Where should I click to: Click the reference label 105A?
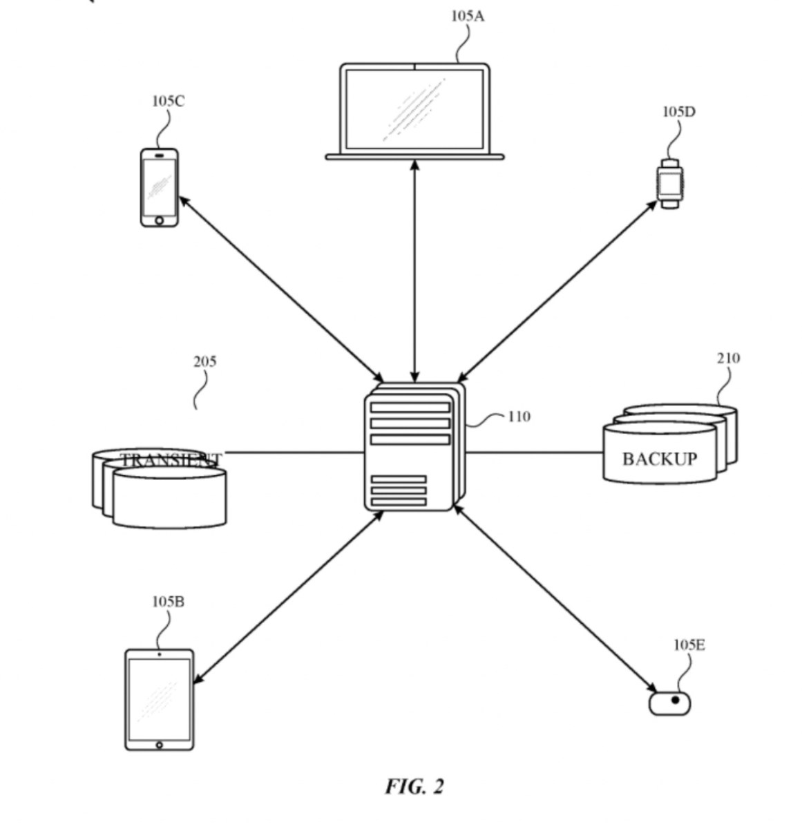point(467,16)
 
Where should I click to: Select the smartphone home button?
point(160,220)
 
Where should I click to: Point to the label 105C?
point(168,102)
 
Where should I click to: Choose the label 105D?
point(678,112)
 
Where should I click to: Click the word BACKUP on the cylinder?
point(659,459)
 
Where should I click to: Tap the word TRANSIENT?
point(171,459)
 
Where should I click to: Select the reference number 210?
point(727,358)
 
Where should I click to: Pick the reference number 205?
point(204,361)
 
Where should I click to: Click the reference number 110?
point(519,417)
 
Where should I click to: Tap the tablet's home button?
point(160,745)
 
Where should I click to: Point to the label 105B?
point(168,602)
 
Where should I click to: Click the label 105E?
point(689,645)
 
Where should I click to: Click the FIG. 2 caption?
point(414,786)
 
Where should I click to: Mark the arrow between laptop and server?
point(414,269)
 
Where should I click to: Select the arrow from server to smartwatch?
point(556,290)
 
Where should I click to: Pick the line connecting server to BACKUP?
point(533,453)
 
